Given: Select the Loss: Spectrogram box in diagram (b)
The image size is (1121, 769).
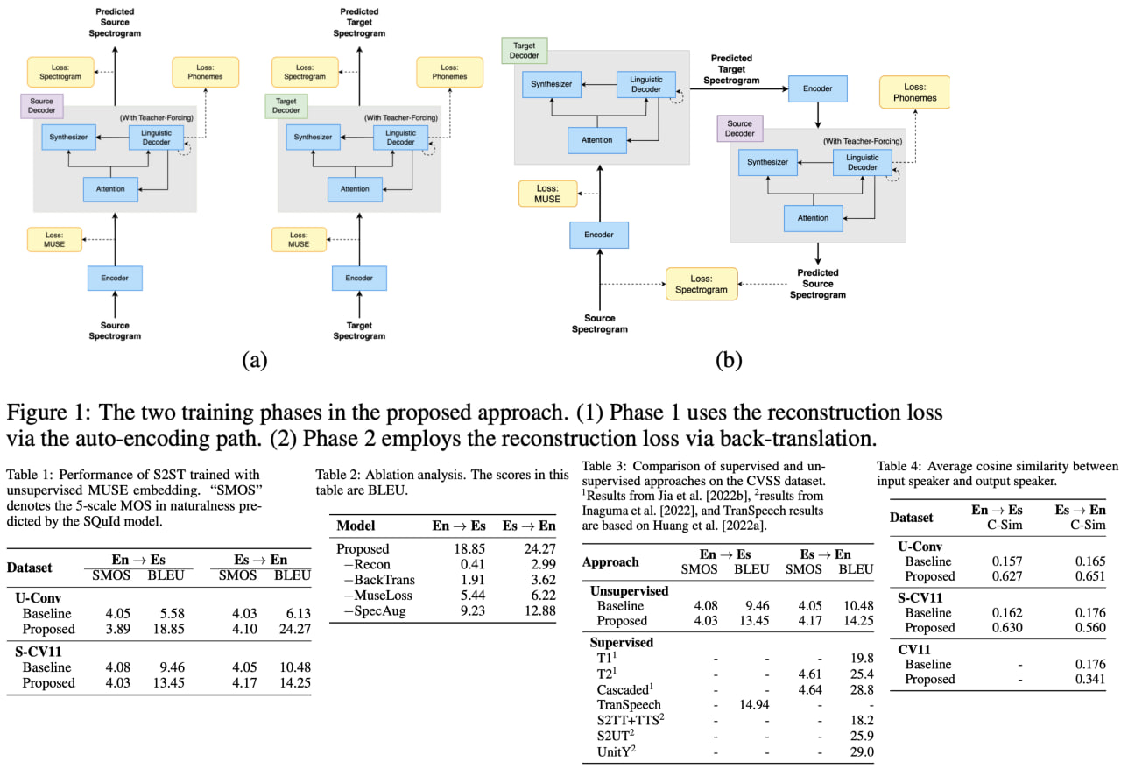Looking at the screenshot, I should [701, 284].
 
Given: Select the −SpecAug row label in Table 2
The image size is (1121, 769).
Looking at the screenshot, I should [373, 611].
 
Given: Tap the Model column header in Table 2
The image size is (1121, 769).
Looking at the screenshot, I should [356, 526].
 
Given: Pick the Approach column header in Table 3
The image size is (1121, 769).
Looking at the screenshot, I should [610, 561].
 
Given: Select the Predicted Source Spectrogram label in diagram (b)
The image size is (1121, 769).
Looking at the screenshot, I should [821, 284].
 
